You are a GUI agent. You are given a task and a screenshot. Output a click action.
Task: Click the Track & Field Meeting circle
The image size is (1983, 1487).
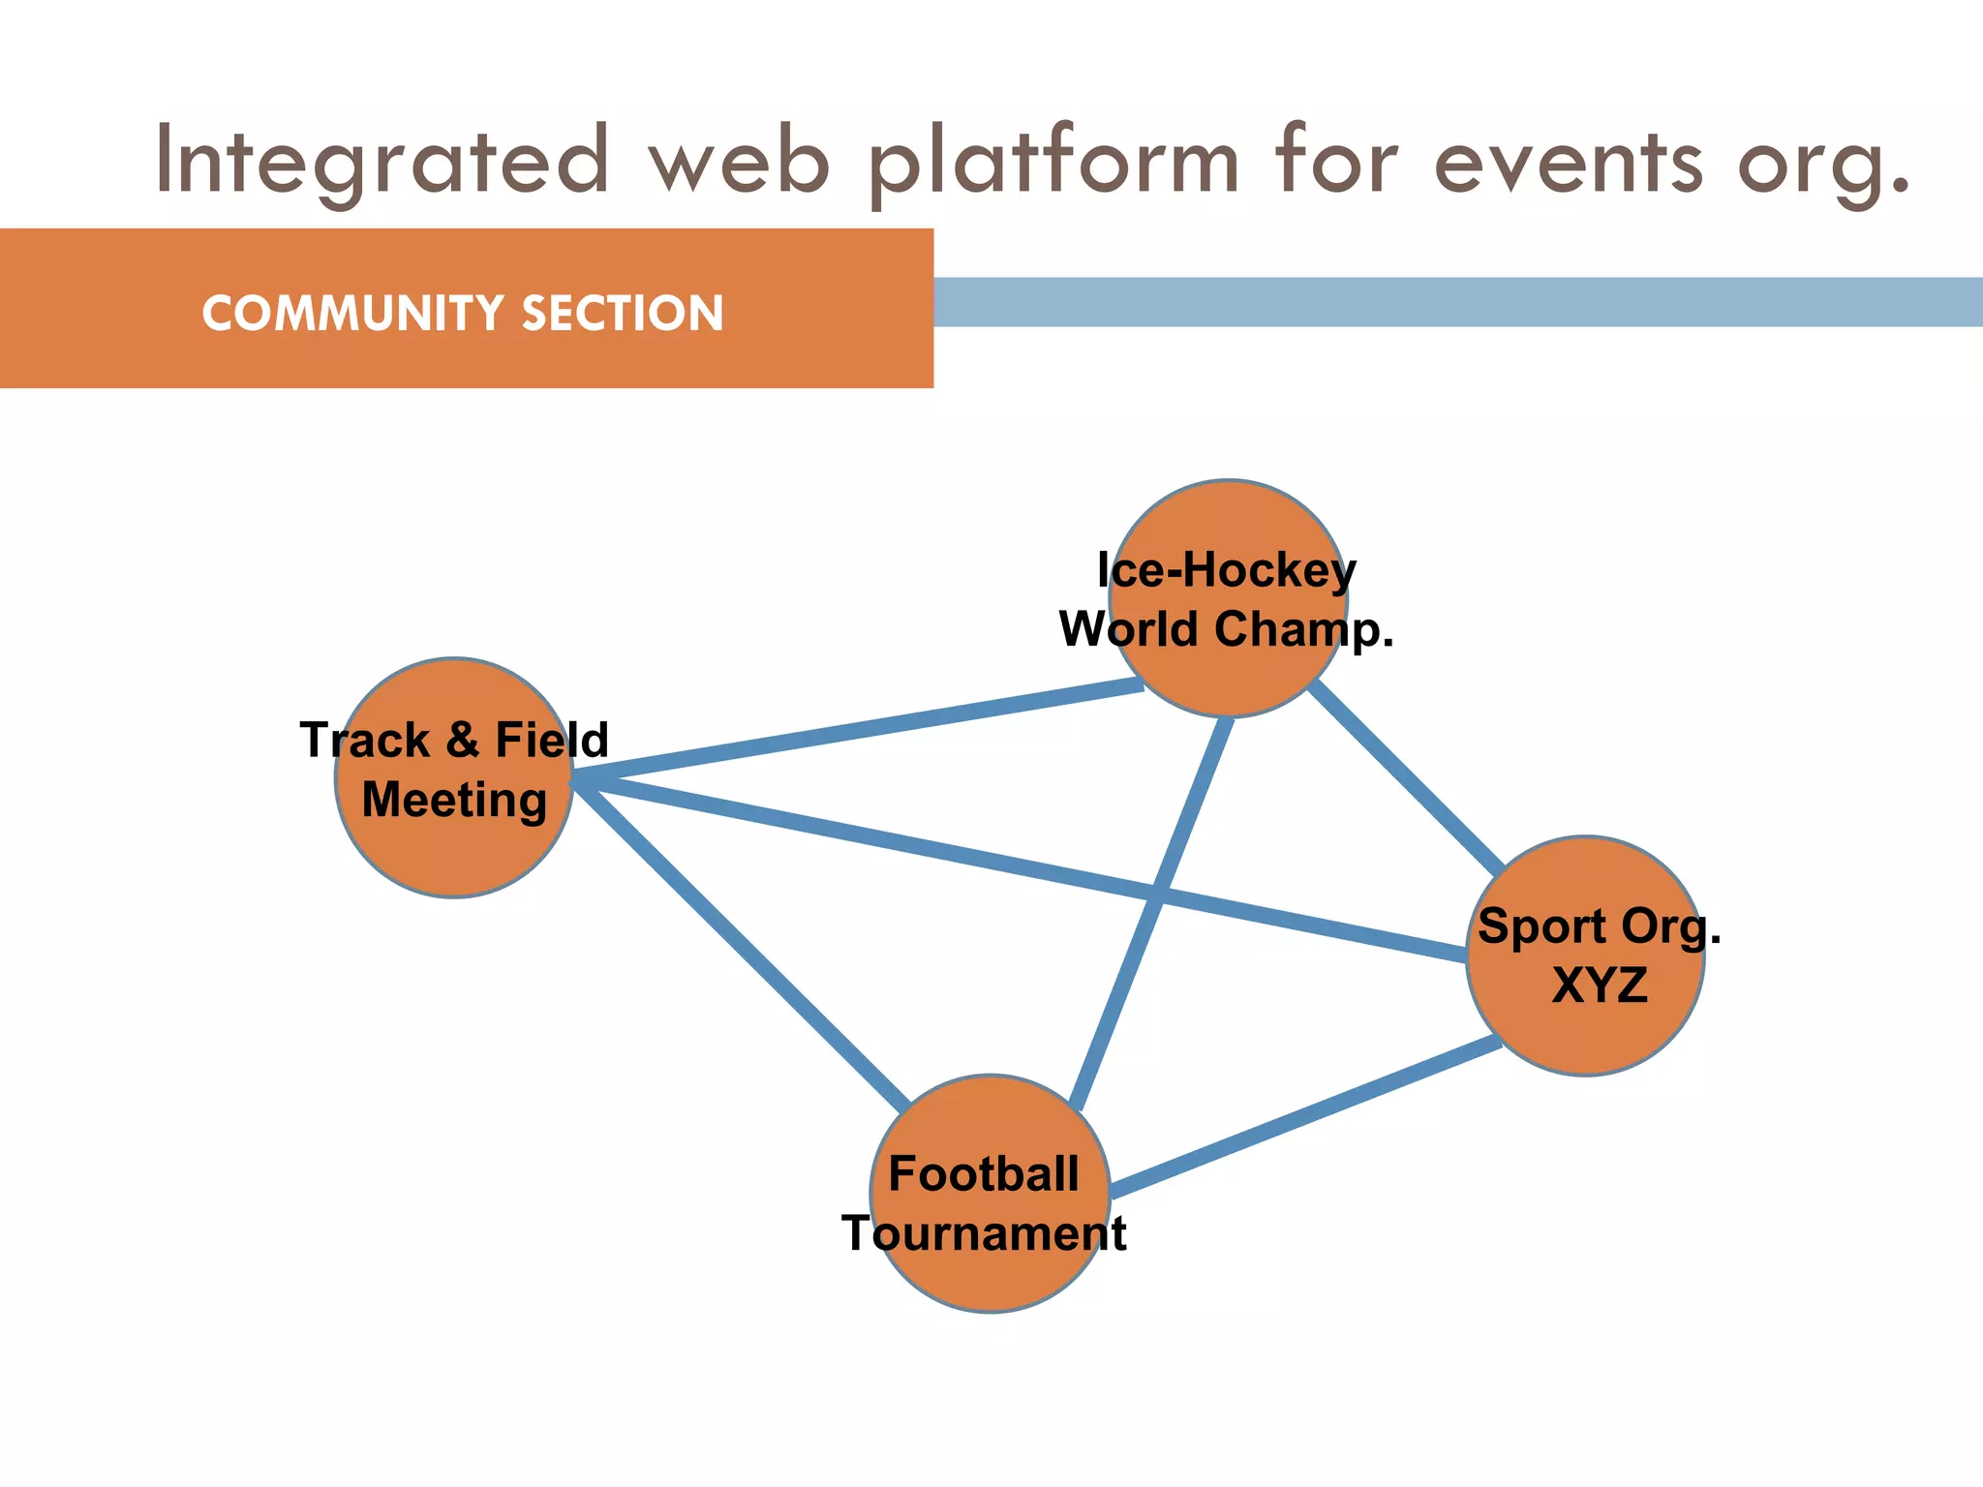tap(454, 842)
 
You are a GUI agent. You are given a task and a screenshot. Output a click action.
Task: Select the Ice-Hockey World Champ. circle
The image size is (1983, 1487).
tap(1229, 523)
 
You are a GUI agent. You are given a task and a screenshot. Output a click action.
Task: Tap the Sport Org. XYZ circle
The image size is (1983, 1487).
tap(1585, 1026)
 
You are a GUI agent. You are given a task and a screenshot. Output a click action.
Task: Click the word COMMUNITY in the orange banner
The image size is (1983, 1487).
tap(352, 314)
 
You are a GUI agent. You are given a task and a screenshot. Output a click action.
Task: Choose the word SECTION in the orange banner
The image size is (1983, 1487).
tap(622, 314)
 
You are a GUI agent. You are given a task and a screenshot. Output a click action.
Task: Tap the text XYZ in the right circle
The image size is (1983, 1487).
tap(1599, 986)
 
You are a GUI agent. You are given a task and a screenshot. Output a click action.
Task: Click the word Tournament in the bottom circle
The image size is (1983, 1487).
tap(984, 1233)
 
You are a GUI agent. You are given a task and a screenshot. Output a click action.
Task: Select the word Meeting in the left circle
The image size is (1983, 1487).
tap(454, 801)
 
